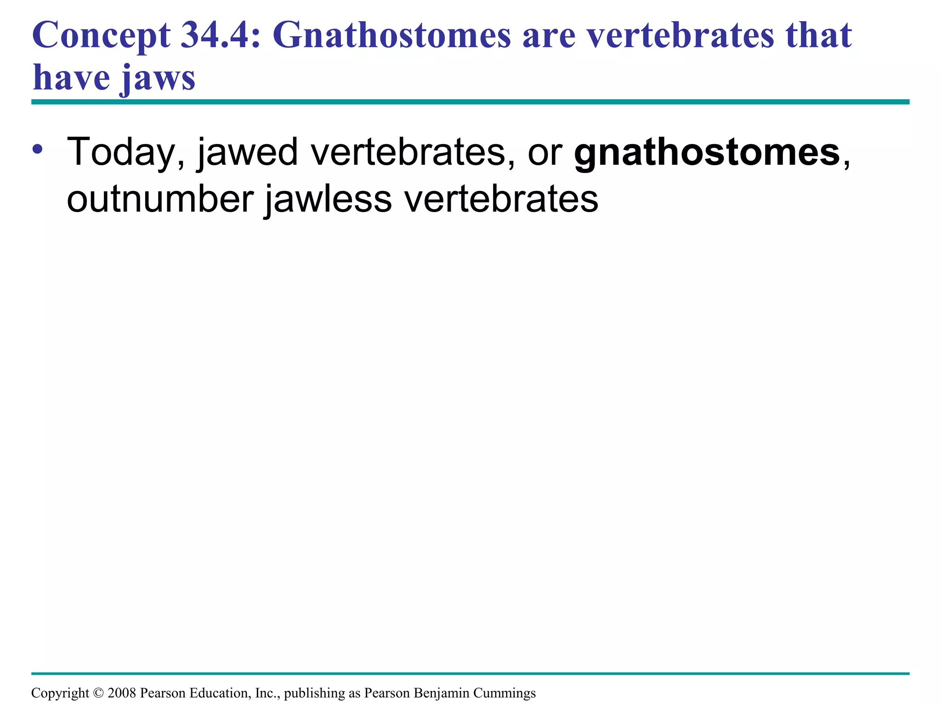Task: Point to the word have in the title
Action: [x=71, y=77]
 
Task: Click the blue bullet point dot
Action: [x=38, y=150]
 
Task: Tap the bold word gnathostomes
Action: [x=707, y=152]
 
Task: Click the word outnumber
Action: [x=160, y=199]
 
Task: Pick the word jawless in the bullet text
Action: [x=328, y=199]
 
